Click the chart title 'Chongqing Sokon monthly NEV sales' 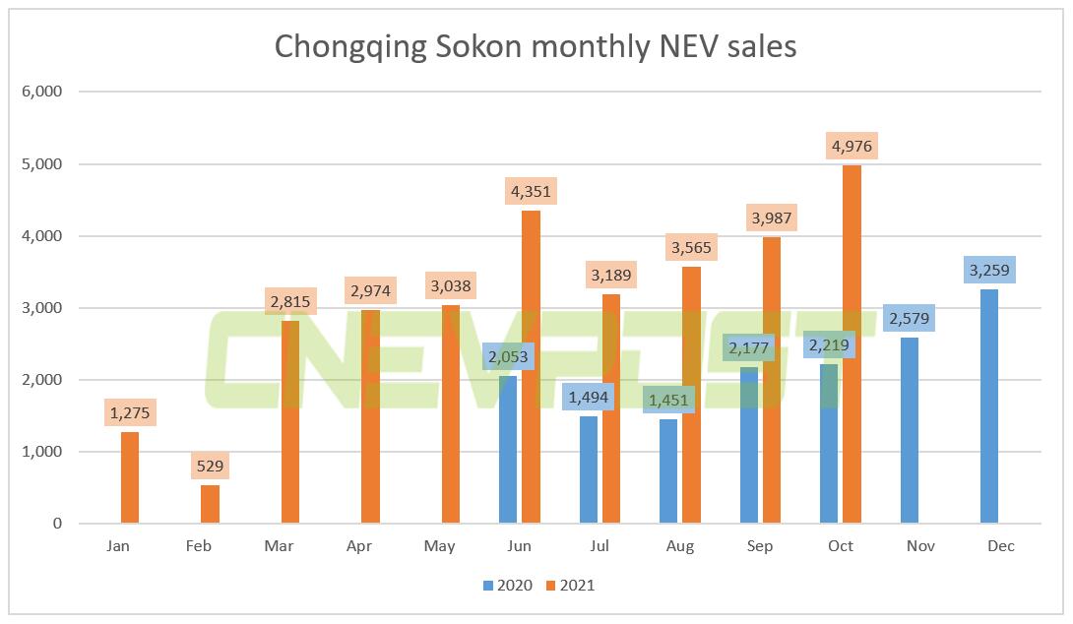click(536, 46)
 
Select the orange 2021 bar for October click(852, 344)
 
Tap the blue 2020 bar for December click(989, 406)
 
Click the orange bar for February click(210, 504)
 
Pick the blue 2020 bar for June click(507, 449)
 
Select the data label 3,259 click(989, 269)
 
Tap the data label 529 click(209, 466)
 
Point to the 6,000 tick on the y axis click(41, 93)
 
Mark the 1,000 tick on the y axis click(41, 452)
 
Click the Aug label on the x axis click(679, 546)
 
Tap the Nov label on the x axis click(920, 546)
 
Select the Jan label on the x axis click(118, 546)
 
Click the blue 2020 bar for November click(909, 430)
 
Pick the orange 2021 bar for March click(290, 422)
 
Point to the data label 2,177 click(748, 347)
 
